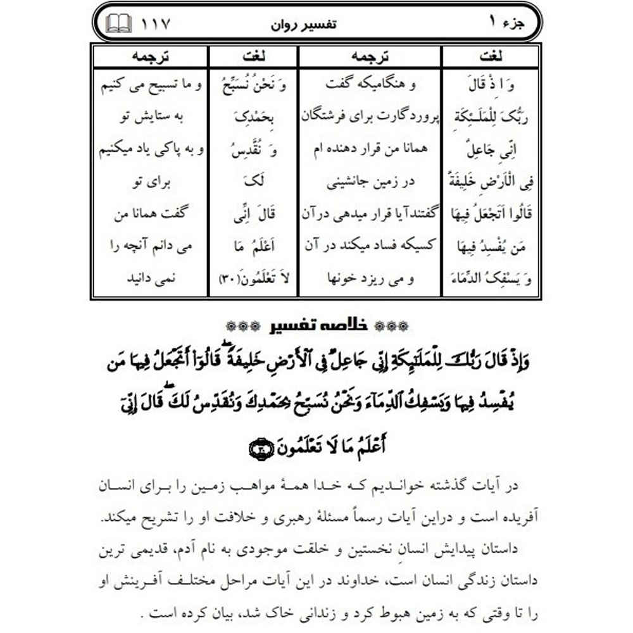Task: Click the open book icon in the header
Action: tap(119, 25)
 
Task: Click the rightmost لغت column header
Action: tap(491, 56)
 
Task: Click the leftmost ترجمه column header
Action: tap(151, 56)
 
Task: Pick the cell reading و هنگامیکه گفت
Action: tap(370, 85)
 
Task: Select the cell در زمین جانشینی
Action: tap(370, 182)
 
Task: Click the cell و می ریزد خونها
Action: tap(370, 279)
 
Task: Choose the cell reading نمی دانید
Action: tap(151, 279)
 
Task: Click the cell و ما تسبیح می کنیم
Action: tap(151, 85)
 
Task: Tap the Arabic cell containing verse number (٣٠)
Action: tap(254, 279)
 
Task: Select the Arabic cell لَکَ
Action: tap(254, 182)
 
